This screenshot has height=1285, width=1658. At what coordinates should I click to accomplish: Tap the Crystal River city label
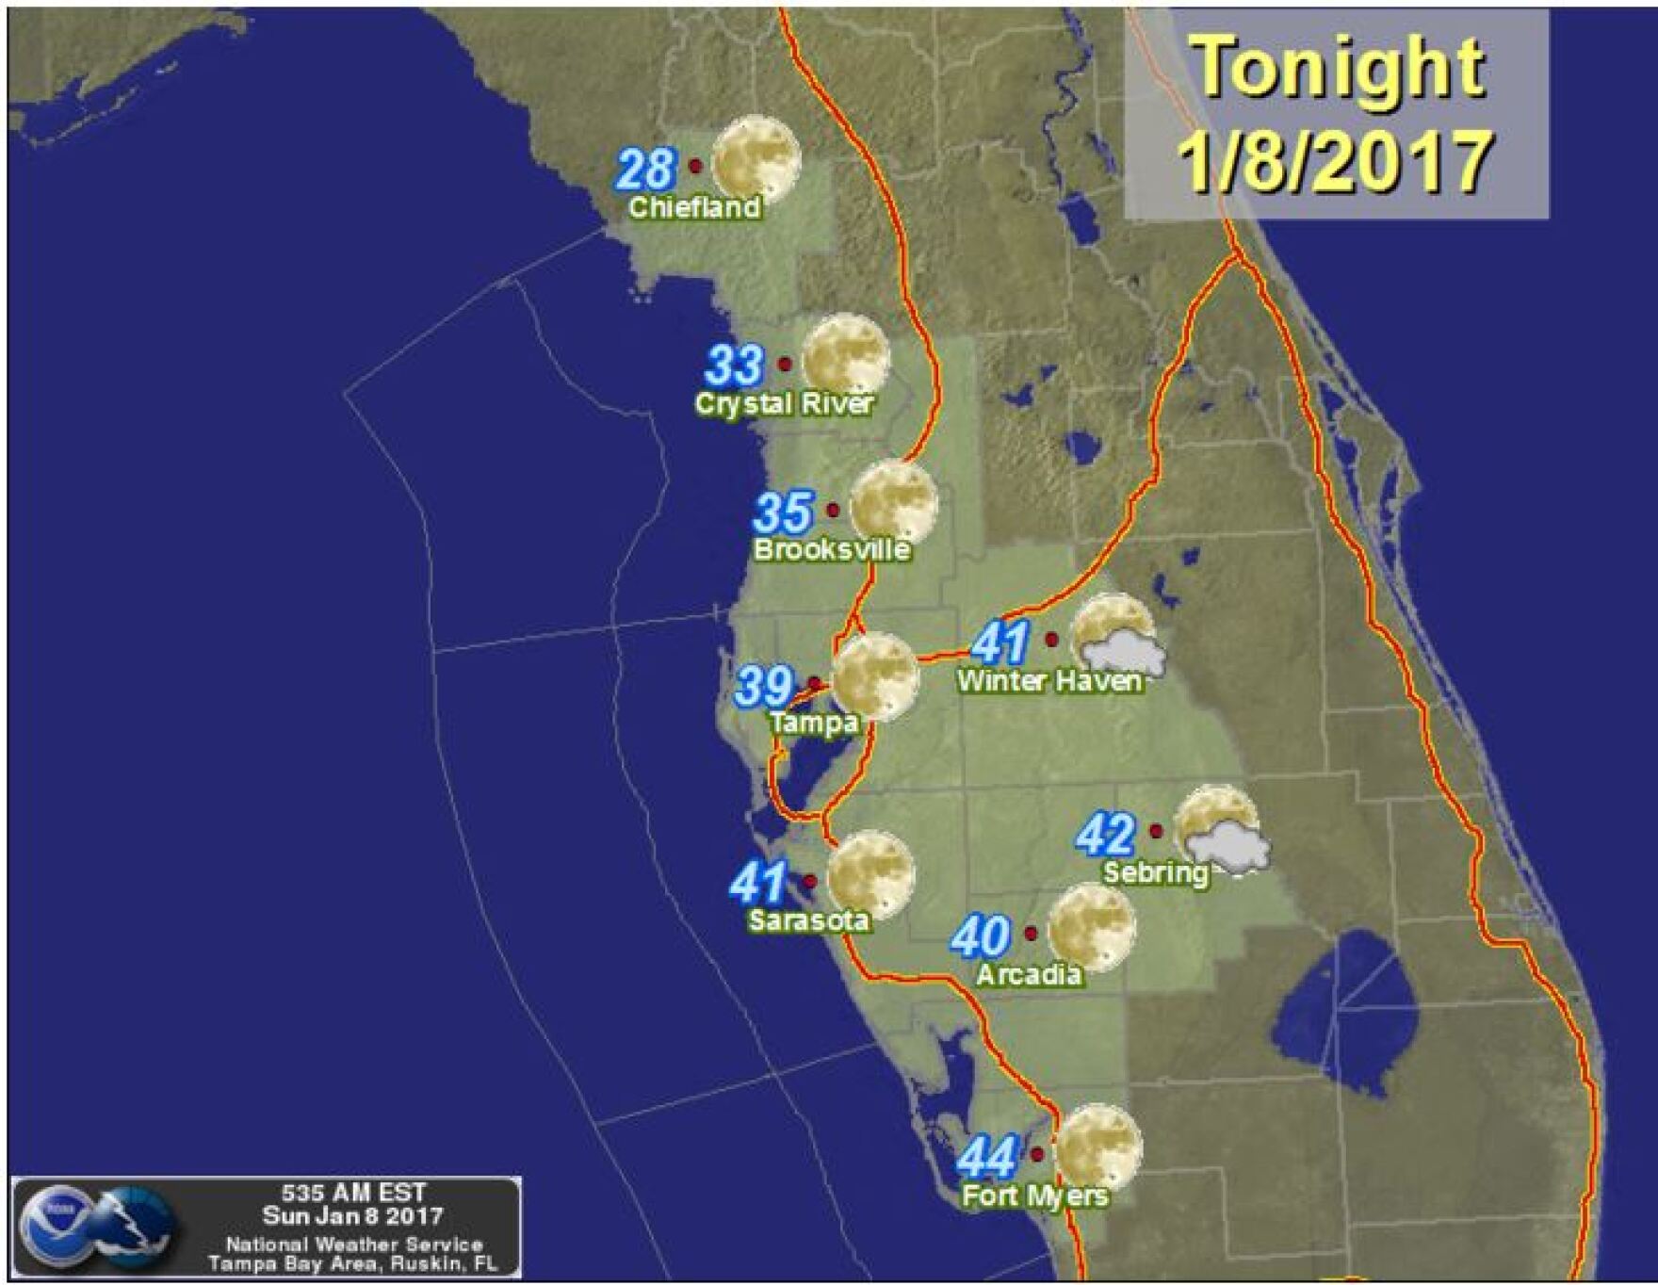(x=784, y=403)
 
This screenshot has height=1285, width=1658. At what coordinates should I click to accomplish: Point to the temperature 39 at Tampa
(x=763, y=686)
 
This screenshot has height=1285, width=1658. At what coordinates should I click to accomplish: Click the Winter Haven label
(x=1048, y=680)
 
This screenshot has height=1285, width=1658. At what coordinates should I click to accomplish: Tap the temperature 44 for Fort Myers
(x=987, y=1158)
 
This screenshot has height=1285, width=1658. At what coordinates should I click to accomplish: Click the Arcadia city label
(x=1028, y=974)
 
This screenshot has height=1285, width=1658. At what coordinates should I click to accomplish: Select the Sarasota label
(x=808, y=919)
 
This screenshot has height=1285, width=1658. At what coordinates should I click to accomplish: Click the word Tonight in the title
(x=1339, y=67)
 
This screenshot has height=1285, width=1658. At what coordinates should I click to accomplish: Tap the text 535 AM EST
(x=353, y=1194)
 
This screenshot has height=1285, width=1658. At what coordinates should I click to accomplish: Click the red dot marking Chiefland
(x=695, y=166)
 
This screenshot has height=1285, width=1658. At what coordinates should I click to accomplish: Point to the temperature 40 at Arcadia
(x=981, y=936)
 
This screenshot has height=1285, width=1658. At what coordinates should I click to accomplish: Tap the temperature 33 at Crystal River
(x=735, y=366)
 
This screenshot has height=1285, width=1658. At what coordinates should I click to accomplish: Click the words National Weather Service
(x=353, y=1244)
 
